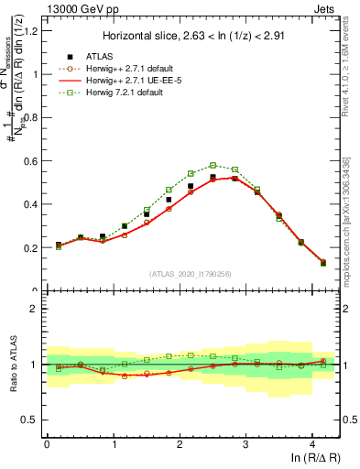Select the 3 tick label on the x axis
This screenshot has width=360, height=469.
coord(246,443)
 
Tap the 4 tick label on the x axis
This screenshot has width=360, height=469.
coord(313,443)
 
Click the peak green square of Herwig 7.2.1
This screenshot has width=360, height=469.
coord(213,166)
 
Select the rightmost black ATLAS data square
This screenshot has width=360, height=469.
coord(323,262)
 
